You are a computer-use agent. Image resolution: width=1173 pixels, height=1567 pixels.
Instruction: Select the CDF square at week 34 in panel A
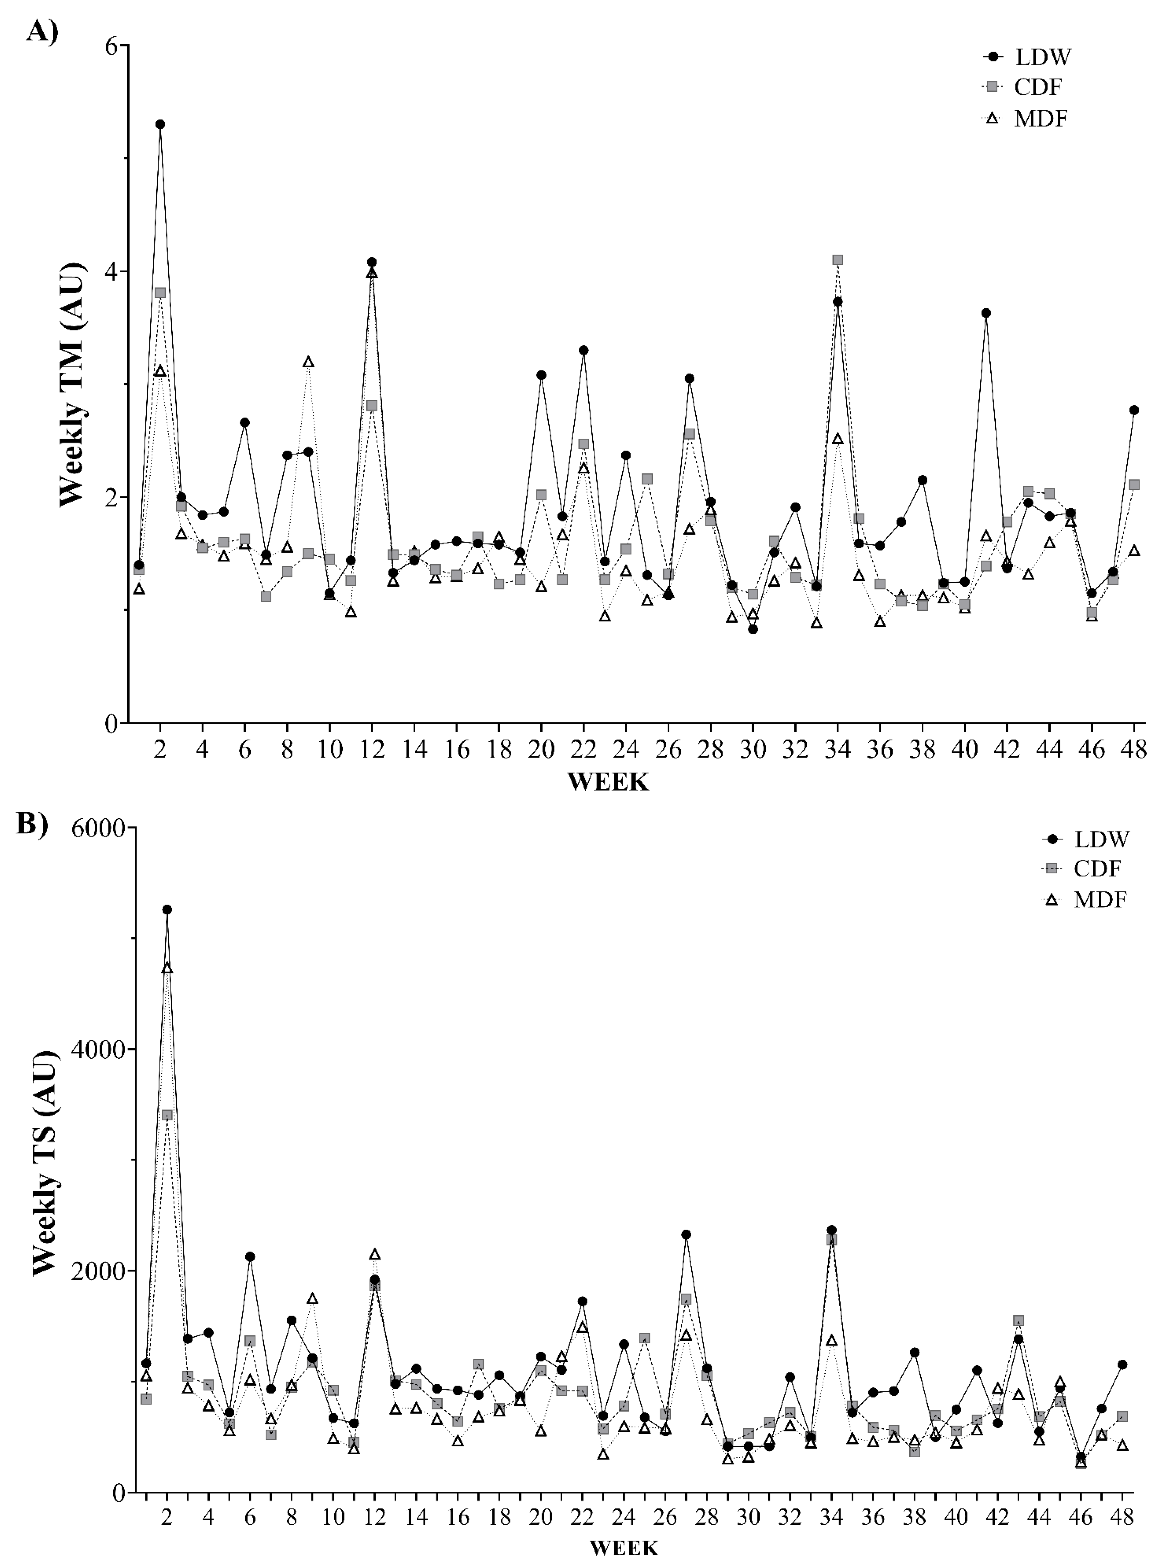click(838, 260)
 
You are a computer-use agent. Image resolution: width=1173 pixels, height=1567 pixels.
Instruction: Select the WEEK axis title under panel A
click(608, 782)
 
